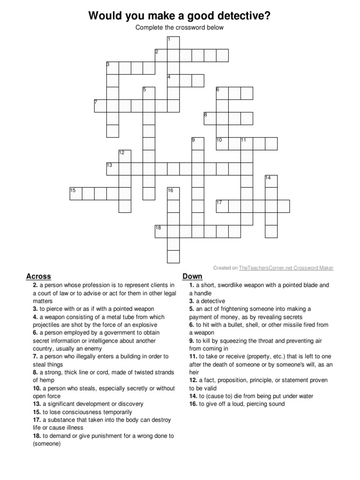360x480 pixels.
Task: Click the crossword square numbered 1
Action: point(173,43)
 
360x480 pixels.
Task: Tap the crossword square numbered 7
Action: point(100,105)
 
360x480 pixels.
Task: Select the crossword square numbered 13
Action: point(112,169)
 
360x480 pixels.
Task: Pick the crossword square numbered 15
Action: point(76,194)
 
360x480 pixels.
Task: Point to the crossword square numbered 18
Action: point(161,232)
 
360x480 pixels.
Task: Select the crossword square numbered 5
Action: point(149,93)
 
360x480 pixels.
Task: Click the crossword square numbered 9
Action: point(198,143)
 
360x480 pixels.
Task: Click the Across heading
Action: point(38,277)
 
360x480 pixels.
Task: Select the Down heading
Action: point(192,277)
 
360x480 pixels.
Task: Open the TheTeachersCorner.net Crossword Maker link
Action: point(286,268)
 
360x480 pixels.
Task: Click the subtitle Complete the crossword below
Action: point(180,27)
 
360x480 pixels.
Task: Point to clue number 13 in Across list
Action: point(36,404)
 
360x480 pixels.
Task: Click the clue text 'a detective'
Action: point(210,301)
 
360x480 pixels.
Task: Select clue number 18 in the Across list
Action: point(36,436)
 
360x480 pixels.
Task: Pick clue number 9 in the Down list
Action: point(191,341)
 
